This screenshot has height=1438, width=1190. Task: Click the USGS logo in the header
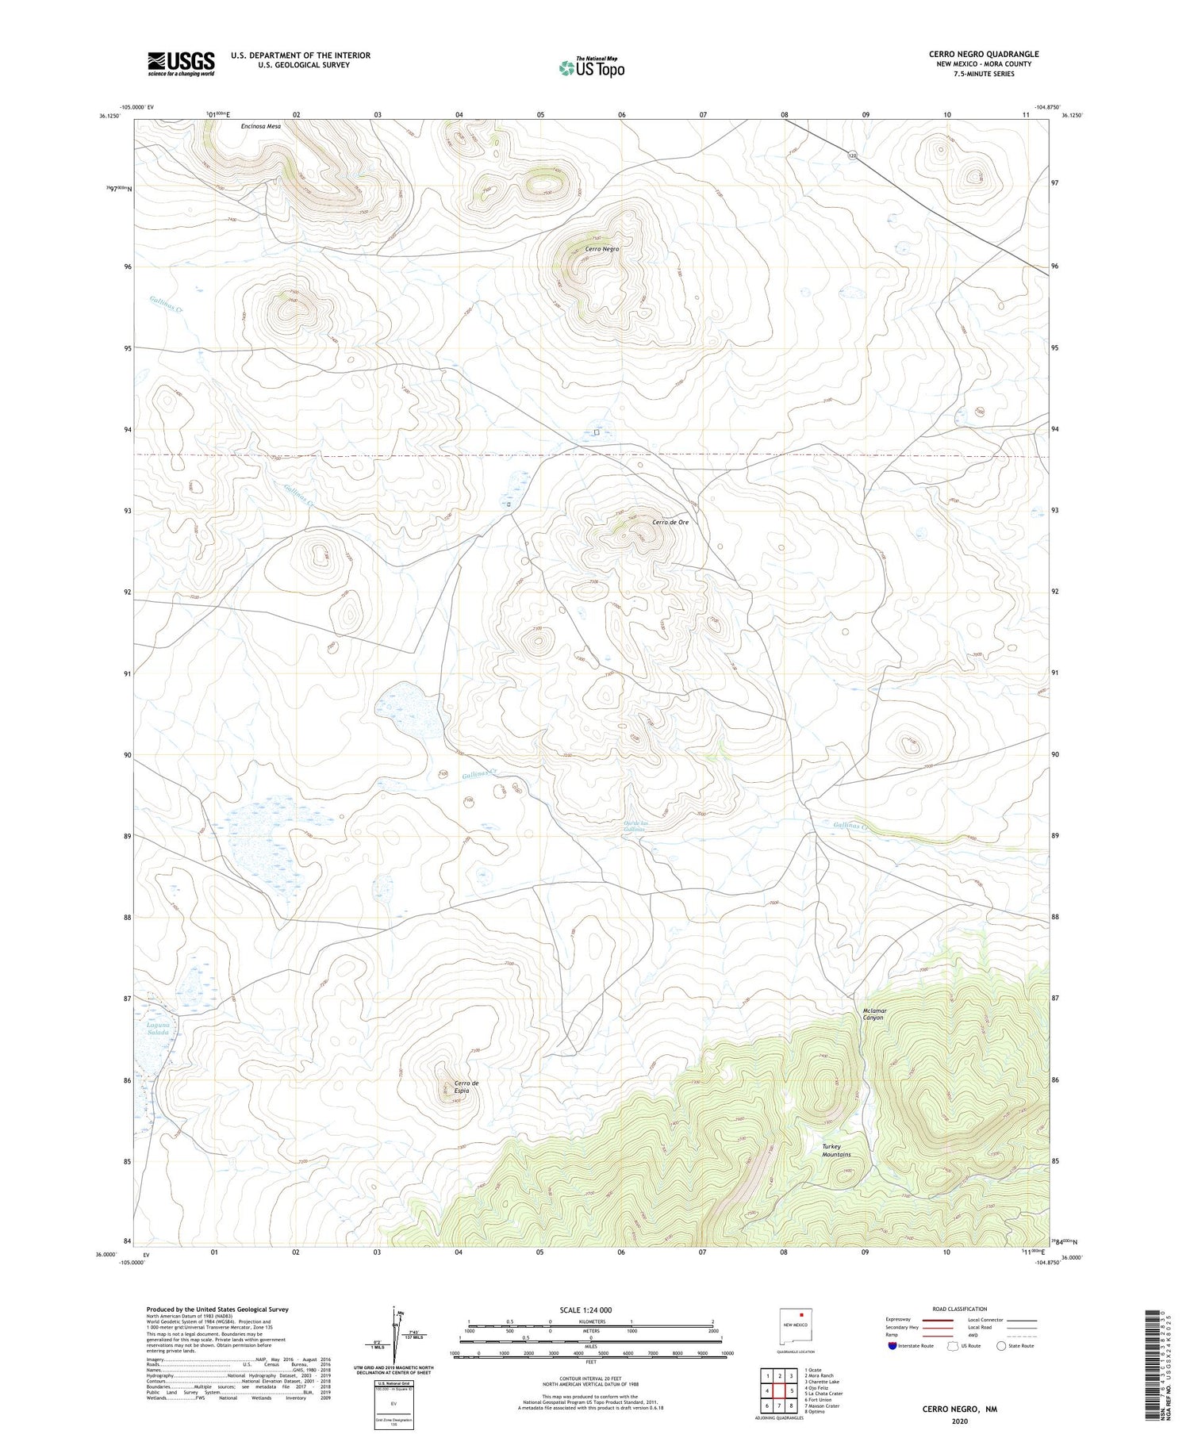pos(181,63)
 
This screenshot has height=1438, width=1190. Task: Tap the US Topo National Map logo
pos(591,67)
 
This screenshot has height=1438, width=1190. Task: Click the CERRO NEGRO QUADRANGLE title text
pos(984,54)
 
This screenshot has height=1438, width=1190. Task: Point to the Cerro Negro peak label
pos(602,249)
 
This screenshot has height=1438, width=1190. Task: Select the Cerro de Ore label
pos(670,523)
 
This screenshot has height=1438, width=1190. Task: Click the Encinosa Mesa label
pos(261,126)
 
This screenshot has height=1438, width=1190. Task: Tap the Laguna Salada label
pos(159,1030)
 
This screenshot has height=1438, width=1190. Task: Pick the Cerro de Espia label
pos(466,1087)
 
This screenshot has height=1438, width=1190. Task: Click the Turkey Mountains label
pos(836,1150)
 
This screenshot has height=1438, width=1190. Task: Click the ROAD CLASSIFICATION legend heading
pos(960,1309)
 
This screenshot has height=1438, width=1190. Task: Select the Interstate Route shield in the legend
pos(893,1346)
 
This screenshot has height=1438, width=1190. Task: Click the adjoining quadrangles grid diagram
pos(780,1390)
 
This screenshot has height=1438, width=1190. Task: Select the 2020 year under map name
pos(958,1421)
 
